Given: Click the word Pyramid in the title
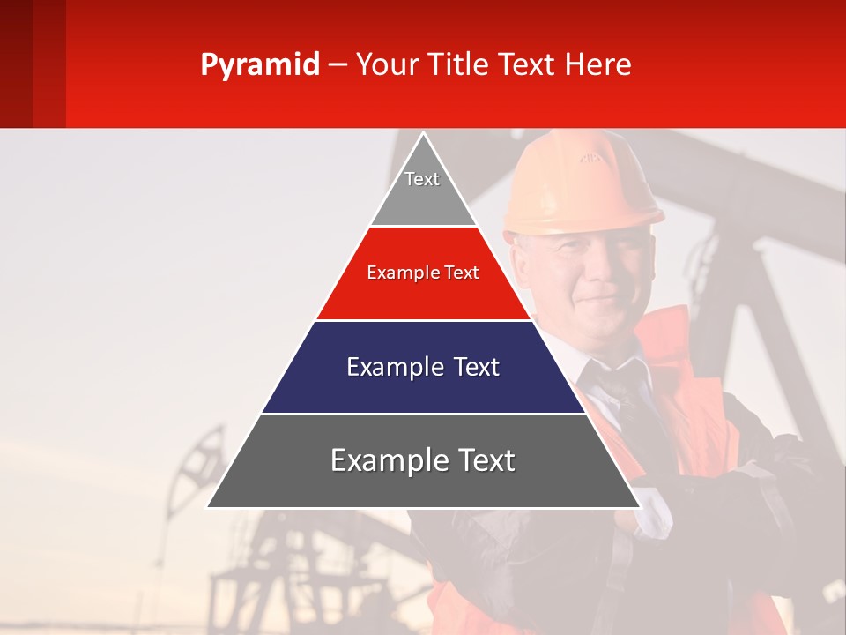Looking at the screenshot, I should point(259,65).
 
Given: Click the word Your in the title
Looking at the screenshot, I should point(386,65).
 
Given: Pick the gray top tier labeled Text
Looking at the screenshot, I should point(422,190).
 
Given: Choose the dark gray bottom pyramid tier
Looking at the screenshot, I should point(423,472).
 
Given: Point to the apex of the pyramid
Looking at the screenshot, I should point(423,135).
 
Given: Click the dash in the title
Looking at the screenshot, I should point(337,65).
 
